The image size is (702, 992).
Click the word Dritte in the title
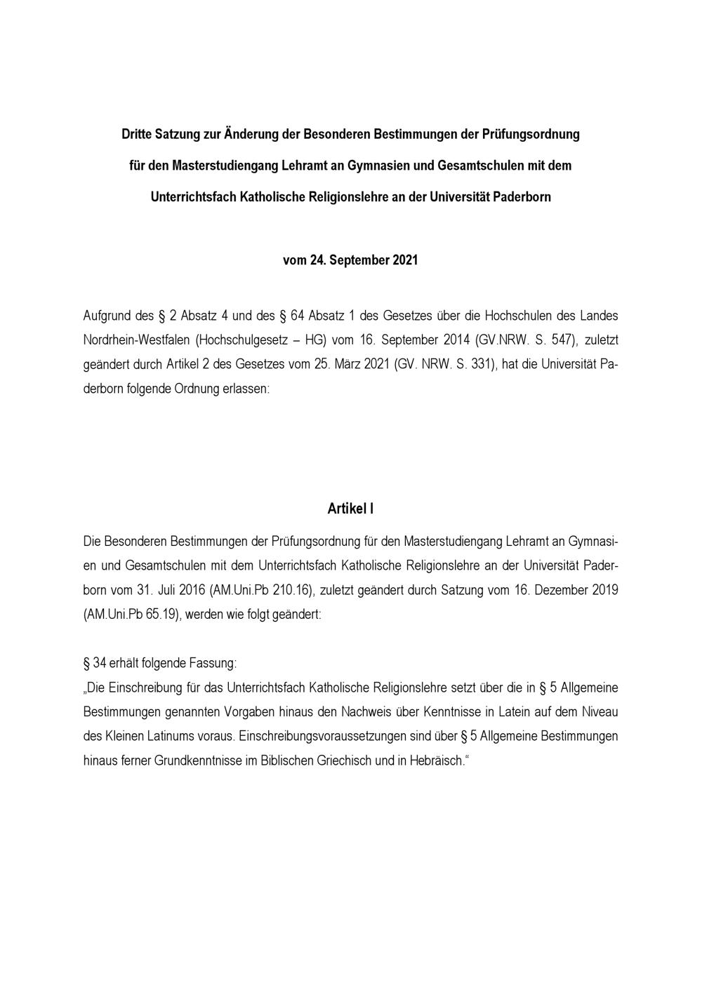click(x=138, y=134)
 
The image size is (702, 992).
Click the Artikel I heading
click(x=350, y=509)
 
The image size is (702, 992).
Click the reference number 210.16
click(x=290, y=590)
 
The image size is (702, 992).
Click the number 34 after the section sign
click(x=99, y=663)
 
